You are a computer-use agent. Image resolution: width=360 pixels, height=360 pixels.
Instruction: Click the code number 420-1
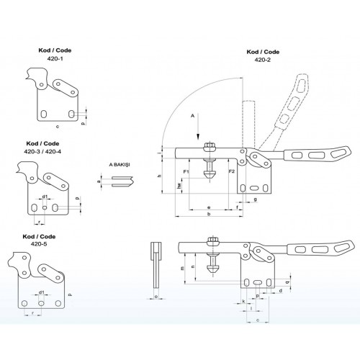point(55,58)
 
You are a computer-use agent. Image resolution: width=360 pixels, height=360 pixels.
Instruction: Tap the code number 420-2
point(263,60)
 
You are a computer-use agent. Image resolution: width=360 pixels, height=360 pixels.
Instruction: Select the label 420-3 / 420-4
point(42,152)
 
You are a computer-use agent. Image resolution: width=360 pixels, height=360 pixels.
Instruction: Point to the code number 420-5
point(39,244)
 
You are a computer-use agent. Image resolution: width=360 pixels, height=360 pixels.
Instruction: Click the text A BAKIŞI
point(120,165)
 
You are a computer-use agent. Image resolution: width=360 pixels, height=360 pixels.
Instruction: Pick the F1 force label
point(186,171)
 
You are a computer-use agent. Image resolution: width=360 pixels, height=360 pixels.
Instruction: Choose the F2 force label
point(231,171)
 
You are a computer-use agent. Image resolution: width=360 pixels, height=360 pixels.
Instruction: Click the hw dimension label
point(179,186)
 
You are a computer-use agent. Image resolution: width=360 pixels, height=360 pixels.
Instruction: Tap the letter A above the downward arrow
point(192,116)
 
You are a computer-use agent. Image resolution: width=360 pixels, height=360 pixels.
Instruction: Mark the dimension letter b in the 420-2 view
point(209,214)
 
